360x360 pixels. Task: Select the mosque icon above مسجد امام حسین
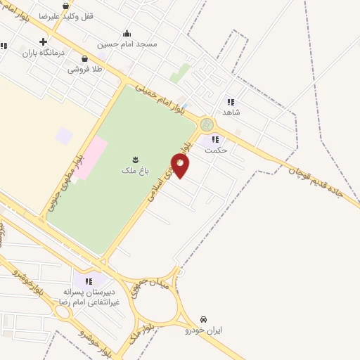[x=127, y=32]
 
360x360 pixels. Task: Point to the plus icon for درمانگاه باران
[x=44, y=41]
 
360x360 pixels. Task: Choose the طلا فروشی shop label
[x=85, y=69]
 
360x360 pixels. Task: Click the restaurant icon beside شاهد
[x=230, y=102]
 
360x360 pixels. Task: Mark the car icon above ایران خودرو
[x=204, y=319]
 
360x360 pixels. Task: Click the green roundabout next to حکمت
[x=207, y=124]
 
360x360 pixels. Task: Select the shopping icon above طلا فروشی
[x=85, y=59]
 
